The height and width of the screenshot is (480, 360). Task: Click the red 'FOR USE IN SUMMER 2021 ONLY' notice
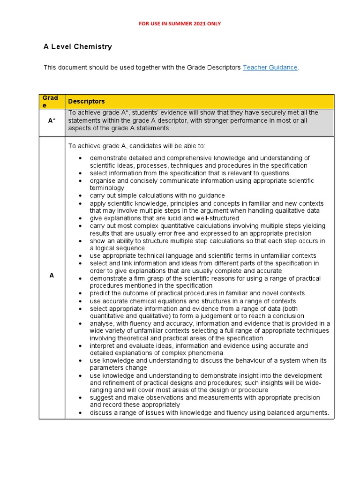[x=180, y=23]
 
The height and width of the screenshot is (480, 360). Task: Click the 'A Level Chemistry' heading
[x=77, y=47]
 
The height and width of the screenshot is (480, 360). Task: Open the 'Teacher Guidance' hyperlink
[x=270, y=67]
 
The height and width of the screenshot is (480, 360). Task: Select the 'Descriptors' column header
[x=87, y=101]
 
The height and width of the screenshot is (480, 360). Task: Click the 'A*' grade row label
[x=52, y=120]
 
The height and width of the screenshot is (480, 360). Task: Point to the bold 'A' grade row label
[x=52, y=275]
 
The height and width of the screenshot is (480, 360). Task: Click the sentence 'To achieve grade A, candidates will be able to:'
[x=136, y=146]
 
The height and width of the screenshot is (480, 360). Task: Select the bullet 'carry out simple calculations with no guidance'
[x=157, y=195]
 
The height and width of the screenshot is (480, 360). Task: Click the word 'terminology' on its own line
[x=107, y=188]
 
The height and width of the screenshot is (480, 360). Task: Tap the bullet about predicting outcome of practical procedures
[x=197, y=293]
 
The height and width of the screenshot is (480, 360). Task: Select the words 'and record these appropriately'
[x=135, y=405]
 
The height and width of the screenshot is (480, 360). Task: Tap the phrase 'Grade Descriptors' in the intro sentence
[x=214, y=67]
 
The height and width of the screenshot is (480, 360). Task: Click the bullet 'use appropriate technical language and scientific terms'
[x=203, y=255]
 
